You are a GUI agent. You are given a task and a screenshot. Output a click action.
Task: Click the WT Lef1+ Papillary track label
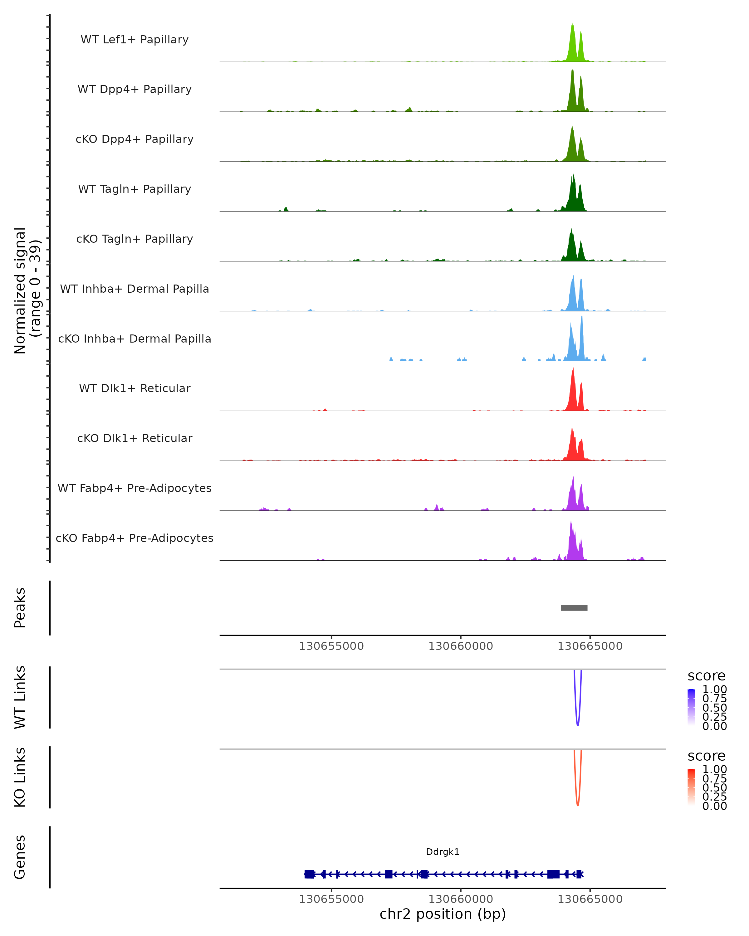pyautogui.click(x=135, y=40)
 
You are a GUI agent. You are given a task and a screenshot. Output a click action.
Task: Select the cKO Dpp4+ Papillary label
pyautogui.click(x=135, y=139)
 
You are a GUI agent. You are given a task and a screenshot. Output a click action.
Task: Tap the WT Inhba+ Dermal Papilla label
pyautogui.click(x=135, y=289)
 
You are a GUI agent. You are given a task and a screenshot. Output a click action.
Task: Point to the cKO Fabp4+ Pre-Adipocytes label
pyautogui.click(x=135, y=538)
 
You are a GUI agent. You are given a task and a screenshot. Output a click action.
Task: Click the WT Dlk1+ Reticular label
pyautogui.click(x=135, y=388)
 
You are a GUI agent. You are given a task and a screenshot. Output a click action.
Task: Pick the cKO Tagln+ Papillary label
pyautogui.click(x=135, y=239)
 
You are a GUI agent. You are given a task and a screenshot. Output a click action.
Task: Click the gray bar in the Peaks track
pyautogui.click(x=574, y=608)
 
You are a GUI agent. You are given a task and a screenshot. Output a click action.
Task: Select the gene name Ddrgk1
pyautogui.click(x=443, y=851)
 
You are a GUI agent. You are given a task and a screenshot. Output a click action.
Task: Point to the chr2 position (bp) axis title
pyautogui.click(x=443, y=914)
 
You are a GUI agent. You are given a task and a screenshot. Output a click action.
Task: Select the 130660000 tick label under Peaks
pyautogui.click(x=460, y=646)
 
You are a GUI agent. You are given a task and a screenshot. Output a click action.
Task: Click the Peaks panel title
pyautogui.click(x=20, y=608)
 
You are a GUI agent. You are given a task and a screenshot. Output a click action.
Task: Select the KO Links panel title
pyautogui.click(x=20, y=777)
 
